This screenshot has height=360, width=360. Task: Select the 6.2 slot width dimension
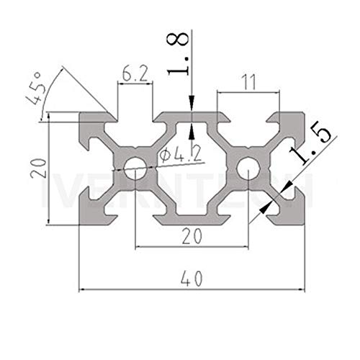[x=135, y=73]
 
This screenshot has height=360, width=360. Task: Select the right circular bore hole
[x=248, y=170]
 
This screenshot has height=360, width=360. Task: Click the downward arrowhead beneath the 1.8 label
[x=192, y=107]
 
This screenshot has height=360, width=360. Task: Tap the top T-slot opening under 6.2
[x=135, y=117]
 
